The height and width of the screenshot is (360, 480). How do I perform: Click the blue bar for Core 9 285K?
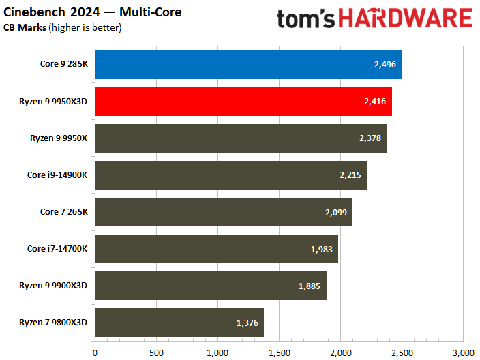click(x=248, y=65)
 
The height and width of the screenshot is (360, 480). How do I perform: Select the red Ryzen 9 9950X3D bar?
click(x=243, y=102)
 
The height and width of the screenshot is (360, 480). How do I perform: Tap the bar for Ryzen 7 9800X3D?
click(x=179, y=322)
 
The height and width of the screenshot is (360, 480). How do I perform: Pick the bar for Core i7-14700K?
click(x=216, y=249)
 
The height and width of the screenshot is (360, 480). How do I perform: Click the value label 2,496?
click(x=385, y=65)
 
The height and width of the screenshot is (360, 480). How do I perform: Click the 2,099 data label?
click(x=336, y=213)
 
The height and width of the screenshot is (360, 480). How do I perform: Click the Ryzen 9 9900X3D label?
click(x=53, y=286)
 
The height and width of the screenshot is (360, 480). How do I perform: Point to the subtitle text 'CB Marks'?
click(x=24, y=28)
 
